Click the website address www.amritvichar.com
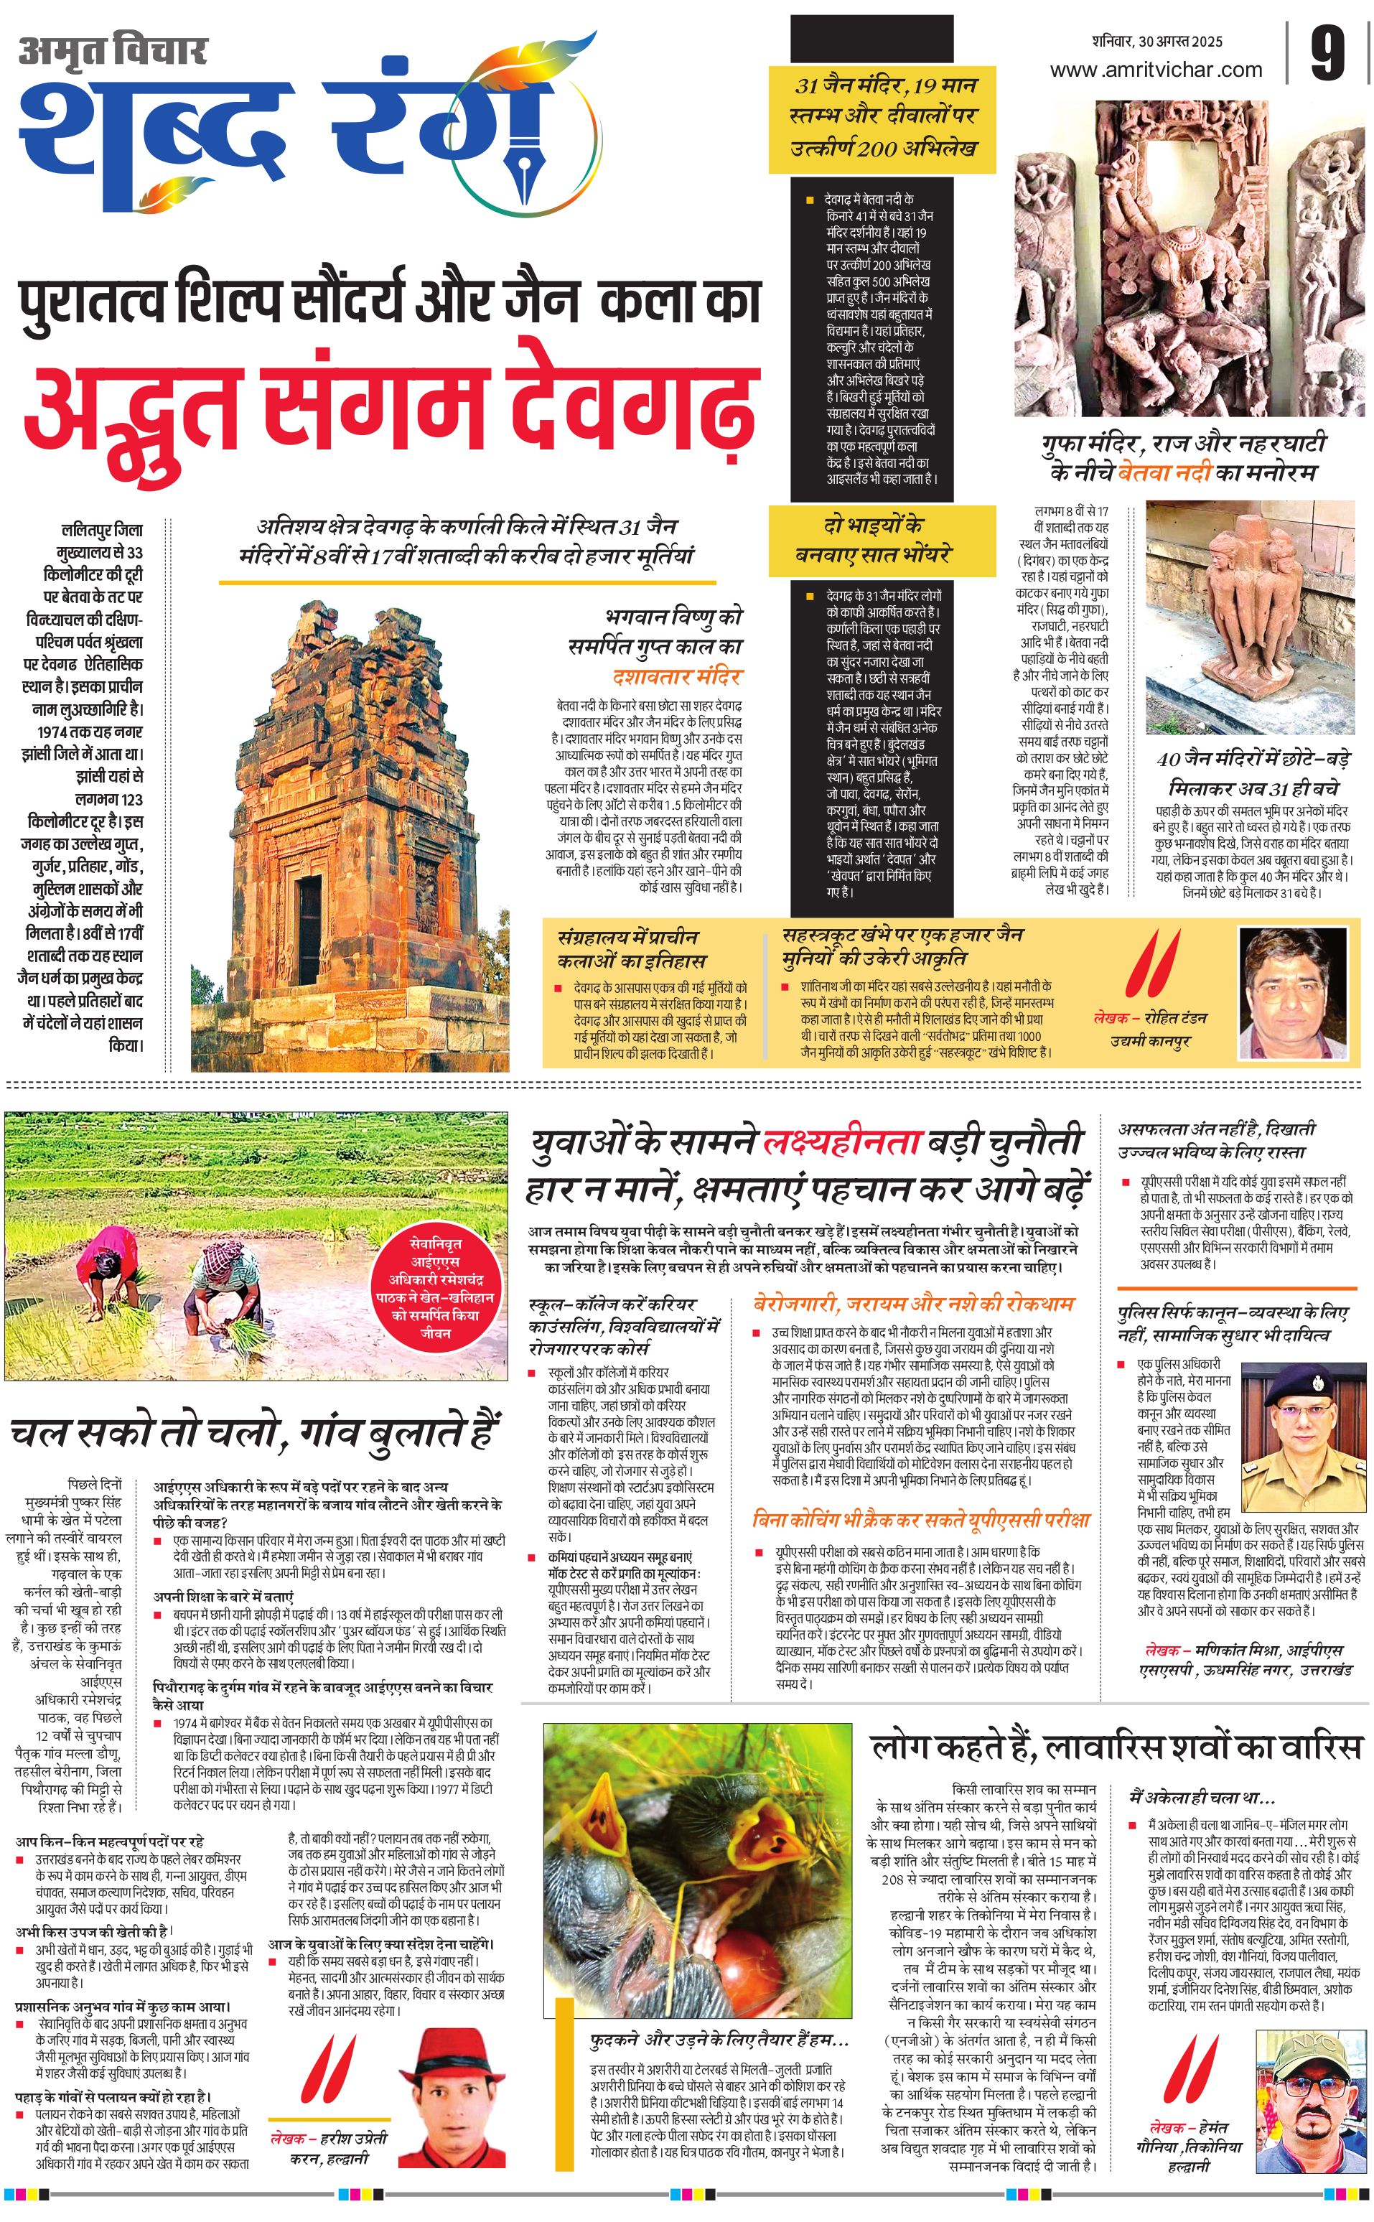1155,69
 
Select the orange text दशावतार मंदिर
677,676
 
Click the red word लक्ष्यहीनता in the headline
841,1143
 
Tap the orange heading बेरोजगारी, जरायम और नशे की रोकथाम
913,1303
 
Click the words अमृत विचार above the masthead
113,51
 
